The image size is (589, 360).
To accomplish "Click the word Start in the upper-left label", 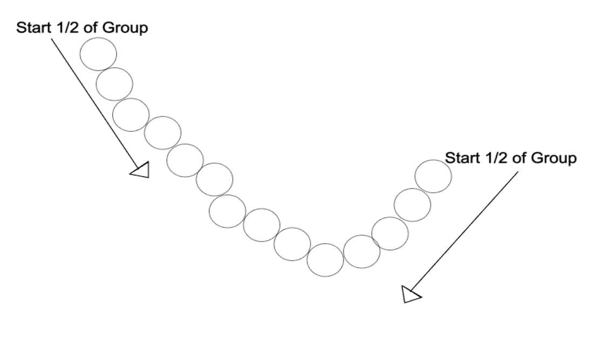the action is tap(33, 28).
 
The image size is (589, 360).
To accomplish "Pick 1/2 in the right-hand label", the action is tap(493, 159).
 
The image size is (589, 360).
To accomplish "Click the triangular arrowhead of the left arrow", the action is tap(140, 171).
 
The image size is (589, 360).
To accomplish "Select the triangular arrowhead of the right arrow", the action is tap(411, 295).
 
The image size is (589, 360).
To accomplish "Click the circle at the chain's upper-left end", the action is tap(98, 53).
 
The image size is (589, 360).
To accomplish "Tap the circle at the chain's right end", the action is tap(434, 176).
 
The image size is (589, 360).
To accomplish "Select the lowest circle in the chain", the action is tap(325, 260).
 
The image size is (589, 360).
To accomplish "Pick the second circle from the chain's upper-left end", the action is tap(114, 84).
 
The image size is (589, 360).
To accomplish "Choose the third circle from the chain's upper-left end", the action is tap(131, 114).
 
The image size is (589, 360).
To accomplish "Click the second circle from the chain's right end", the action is tap(413, 205).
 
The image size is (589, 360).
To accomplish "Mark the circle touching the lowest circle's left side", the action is tap(292, 244).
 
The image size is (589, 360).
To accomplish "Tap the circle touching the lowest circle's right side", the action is tap(361, 251).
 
